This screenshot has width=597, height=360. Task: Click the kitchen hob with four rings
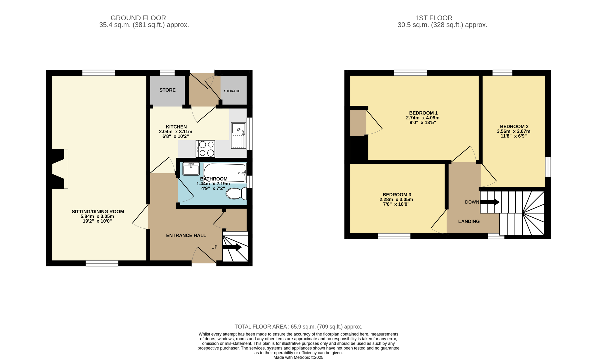[x=205, y=149]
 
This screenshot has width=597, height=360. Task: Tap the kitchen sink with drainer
[x=238, y=135]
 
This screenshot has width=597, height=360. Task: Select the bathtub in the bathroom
[x=225, y=172]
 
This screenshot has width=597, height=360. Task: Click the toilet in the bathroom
[x=236, y=193]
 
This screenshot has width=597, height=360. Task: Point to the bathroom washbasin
[x=191, y=169]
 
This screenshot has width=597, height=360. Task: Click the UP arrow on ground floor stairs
[x=232, y=247]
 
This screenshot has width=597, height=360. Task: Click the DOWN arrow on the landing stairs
[x=490, y=202]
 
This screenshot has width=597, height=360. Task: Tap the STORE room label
[x=167, y=90]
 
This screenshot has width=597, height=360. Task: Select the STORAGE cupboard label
[x=232, y=91]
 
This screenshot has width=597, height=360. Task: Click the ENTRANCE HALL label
[x=186, y=235]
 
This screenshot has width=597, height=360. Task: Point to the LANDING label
[x=469, y=221]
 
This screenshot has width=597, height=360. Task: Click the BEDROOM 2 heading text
[x=514, y=126]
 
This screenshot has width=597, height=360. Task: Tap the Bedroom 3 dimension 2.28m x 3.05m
[x=396, y=200]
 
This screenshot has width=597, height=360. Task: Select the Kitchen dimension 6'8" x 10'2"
[x=176, y=136]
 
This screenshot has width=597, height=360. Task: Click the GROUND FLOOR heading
[x=138, y=18]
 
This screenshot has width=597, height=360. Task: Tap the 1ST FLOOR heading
[x=433, y=18]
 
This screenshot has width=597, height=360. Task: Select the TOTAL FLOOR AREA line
[x=298, y=327]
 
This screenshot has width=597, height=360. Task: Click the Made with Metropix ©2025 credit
[x=298, y=357]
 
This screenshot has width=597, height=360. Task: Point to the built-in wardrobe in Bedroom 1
[x=358, y=123]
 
